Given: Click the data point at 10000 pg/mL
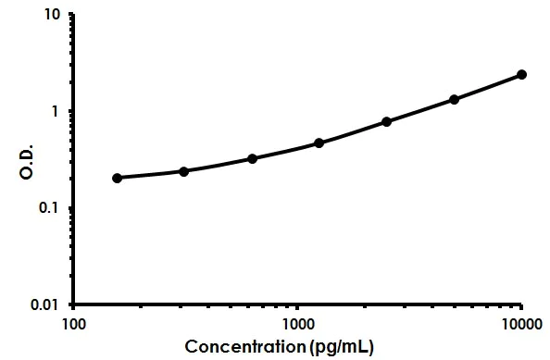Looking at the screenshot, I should [521, 74].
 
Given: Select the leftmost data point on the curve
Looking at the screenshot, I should [117, 178].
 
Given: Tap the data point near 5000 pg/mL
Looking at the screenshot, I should [454, 99].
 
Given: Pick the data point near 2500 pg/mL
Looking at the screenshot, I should [386, 121].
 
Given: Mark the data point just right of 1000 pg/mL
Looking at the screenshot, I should [319, 143].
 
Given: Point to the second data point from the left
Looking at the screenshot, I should [183, 171].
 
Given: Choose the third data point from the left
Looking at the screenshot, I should [252, 158].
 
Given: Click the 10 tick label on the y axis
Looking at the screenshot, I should [53, 16].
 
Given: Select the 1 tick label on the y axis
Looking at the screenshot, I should [56, 112].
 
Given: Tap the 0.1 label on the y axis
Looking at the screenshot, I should [51, 208].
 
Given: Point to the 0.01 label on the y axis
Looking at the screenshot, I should [47, 304].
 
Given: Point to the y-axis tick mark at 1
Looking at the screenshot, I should [70, 111].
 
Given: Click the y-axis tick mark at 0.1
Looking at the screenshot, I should [70, 207].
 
